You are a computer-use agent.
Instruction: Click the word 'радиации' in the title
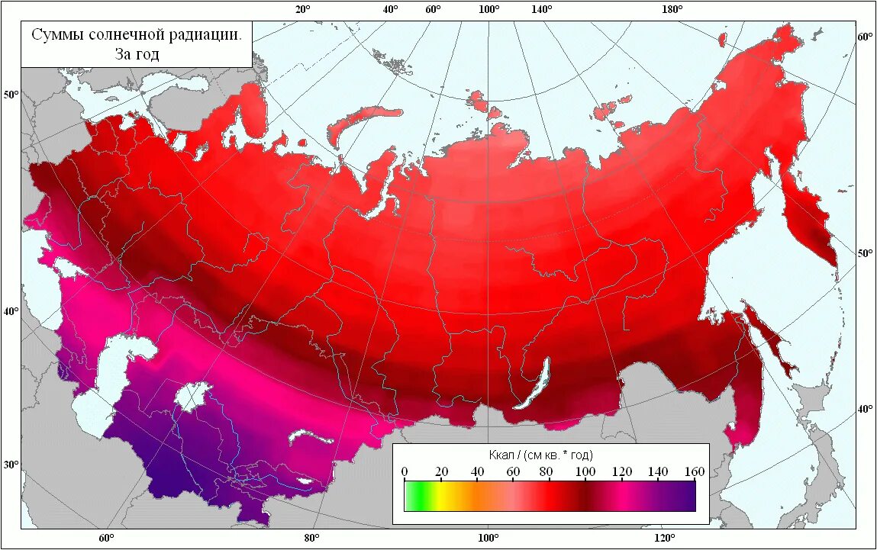[202, 35]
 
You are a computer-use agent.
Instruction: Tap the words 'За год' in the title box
[137, 54]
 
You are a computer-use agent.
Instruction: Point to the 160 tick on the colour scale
[694, 471]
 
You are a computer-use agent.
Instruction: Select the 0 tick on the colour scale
[405, 471]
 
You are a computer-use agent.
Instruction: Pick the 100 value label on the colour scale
[585, 471]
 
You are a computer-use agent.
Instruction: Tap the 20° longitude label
[303, 9]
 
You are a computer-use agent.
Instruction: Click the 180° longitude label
[672, 9]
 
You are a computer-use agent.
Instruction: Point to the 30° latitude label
[11, 465]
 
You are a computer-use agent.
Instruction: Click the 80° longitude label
[311, 539]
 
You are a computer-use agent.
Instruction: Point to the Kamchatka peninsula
[809, 221]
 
